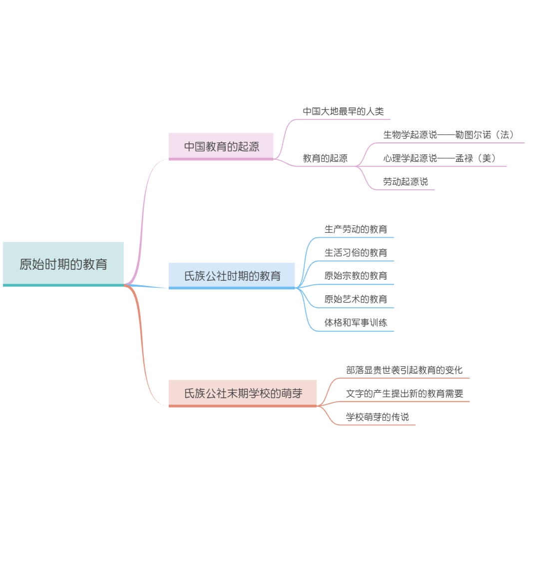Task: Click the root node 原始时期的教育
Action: pyautogui.click(x=63, y=264)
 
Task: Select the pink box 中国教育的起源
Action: pyautogui.click(x=221, y=146)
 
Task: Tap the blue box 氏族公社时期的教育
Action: pyautogui.click(x=232, y=276)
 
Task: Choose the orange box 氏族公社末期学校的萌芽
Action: pyautogui.click(x=242, y=393)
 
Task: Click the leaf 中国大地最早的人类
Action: pyautogui.click(x=343, y=111)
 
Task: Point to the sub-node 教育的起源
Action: pyautogui.click(x=325, y=158)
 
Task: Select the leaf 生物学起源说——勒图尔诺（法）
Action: pyautogui.click(x=449, y=134)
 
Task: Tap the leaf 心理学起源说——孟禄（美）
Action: pyautogui.click(x=440, y=158)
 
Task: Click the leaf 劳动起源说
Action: pyautogui.click(x=405, y=181)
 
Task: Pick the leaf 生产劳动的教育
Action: pyautogui.click(x=356, y=229)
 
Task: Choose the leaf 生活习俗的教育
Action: pyautogui.click(x=356, y=252)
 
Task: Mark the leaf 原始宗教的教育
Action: pyautogui.click(x=356, y=276)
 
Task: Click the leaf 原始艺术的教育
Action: pyautogui.click(x=356, y=299)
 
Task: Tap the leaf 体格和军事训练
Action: pyautogui.click(x=356, y=323)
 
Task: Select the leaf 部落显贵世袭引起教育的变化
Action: pyautogui.click(x=404, y=370)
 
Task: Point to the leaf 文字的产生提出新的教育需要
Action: pyautogui.click(x=405, y=393)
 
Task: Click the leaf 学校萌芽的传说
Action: pyautogui.click(x=377, y=417)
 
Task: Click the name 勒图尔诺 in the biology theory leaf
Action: pyautogui.click(x=473, y=134)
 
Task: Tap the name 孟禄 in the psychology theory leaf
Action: pyautogui.click(x=464, y=158)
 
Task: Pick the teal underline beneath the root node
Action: pyautogui.click(x=63, y=285)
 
